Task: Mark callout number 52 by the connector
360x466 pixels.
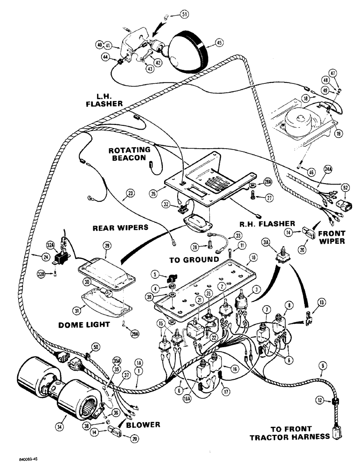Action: tap(346, 187)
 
